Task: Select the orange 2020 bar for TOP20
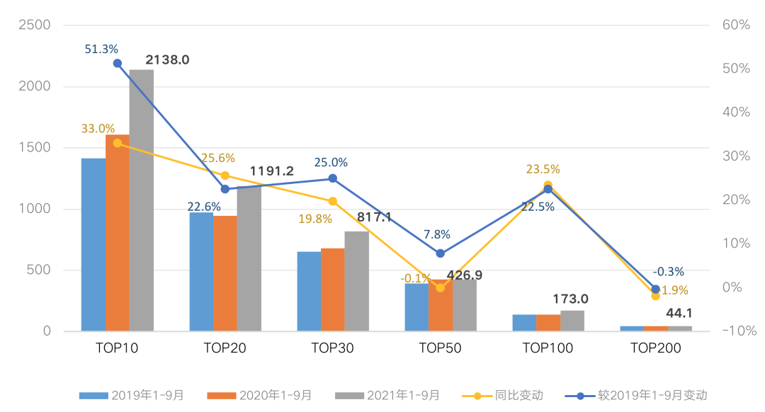[x=225, y=273]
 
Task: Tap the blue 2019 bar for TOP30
[x=309, y=291]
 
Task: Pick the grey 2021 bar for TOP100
[x=572, y=321]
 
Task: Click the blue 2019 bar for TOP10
[x=93, y=244]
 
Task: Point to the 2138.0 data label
[x=168, y=60]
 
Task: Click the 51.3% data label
[x=101, y=49]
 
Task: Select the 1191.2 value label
[x=272, y=171]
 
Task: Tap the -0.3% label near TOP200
[x=668, y=271]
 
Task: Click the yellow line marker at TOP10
[x=118, y=143]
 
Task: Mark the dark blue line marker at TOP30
[x=333, y=178]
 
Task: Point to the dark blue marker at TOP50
[x=441, y=253]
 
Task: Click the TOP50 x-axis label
[x=440, y=348]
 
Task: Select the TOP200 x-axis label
[x=655, y=348]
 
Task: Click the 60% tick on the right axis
[x=735, y=25]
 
